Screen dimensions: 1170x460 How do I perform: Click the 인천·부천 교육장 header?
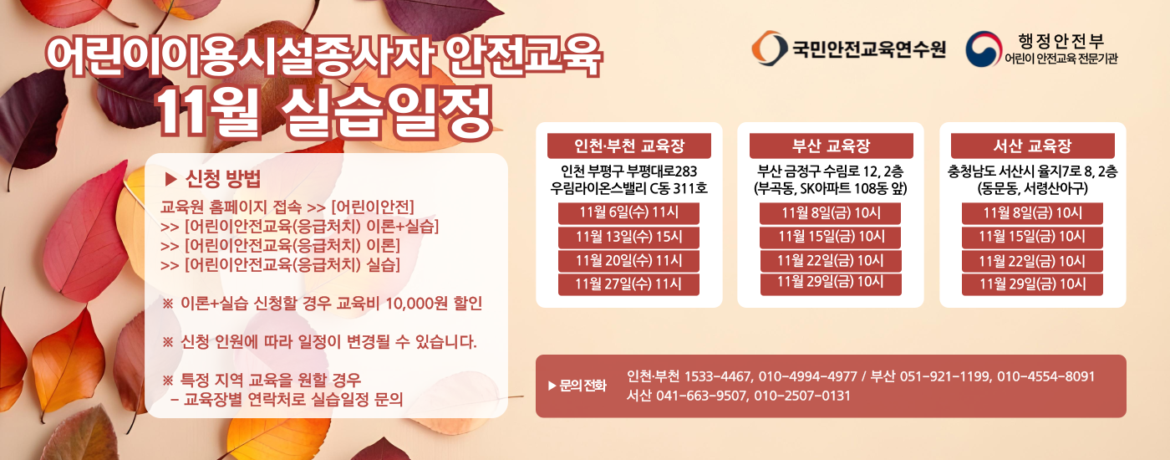pos(628,146)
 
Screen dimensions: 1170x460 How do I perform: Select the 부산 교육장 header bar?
pos(831,146)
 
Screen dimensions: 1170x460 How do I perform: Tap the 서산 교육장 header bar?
pos(1033,146)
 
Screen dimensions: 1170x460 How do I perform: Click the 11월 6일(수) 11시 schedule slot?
pos(628,212)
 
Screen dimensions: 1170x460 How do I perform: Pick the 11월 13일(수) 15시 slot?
pos(628,237)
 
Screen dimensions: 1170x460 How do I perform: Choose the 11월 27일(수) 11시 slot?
pos(628,284)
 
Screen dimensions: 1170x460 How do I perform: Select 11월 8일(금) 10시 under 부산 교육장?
pos(831,212)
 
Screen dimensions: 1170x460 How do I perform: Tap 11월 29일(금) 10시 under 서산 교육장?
pos(1032,284)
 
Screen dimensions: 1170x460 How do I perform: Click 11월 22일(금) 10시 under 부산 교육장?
pos(831,260)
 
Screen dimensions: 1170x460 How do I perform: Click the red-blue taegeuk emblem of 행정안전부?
pos(984,49)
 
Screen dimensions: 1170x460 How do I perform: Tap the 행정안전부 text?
pos(1061,41)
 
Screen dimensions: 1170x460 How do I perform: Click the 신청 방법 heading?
pos(223,179)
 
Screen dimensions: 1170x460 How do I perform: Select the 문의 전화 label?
pos(582,386)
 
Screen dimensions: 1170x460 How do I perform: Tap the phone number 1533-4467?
pos(718,376)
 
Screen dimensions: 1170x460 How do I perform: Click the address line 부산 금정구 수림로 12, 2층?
pos(831,171)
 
